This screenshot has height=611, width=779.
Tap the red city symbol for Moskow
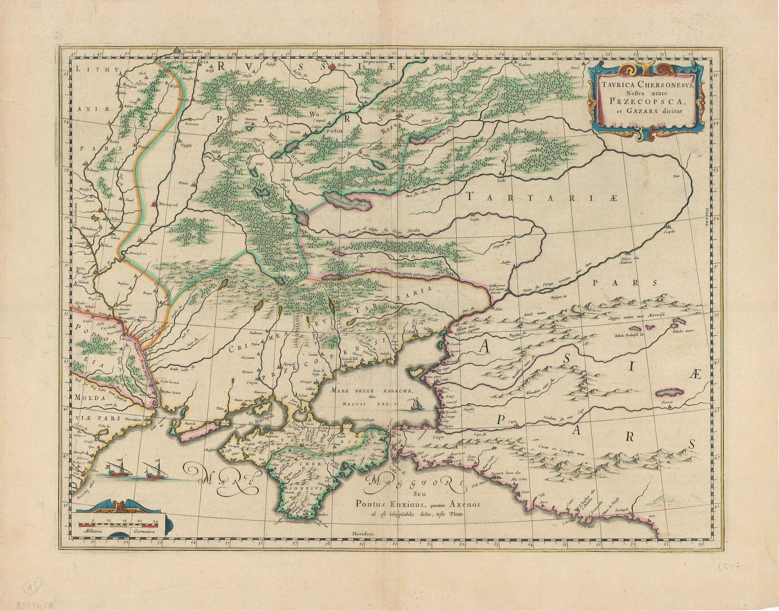coord(333,66)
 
